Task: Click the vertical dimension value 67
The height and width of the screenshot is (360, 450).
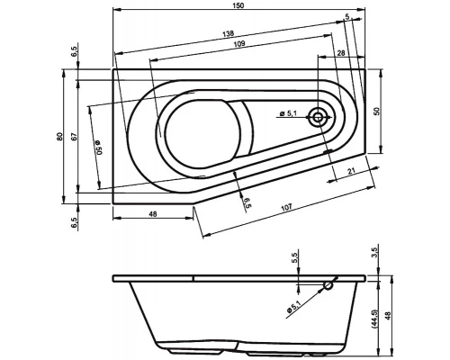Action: pyautogui.click(x=75, y=136)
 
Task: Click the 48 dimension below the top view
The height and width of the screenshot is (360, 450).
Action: pyautogui.click(x=152, y=214)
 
